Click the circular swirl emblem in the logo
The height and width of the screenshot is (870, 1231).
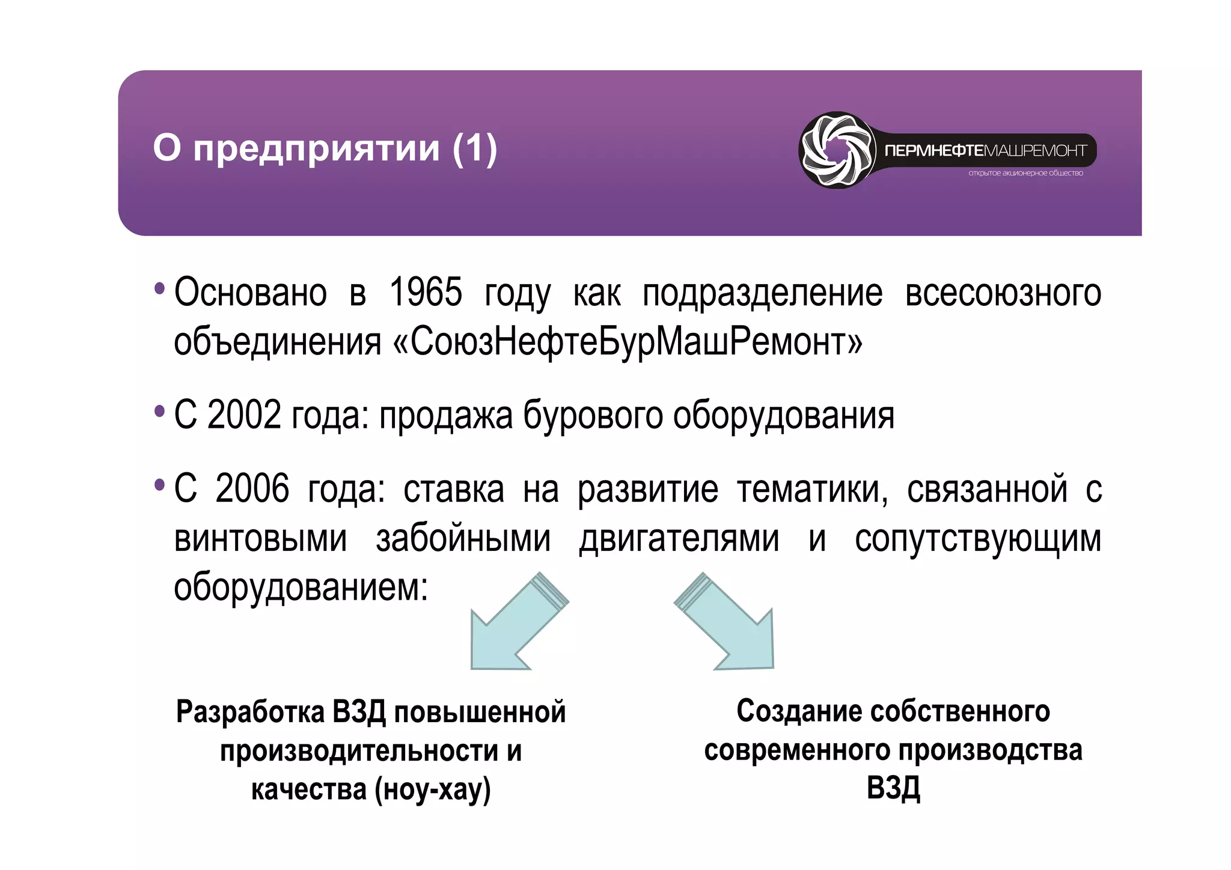[837, 150]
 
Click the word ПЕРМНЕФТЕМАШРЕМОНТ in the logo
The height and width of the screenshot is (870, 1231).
[986, 150]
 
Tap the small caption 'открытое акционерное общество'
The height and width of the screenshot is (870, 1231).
[1025, 173]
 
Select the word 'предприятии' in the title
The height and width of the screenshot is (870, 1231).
[317, 149]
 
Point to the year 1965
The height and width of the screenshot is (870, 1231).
[426, 293]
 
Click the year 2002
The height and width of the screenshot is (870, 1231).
[244, 415]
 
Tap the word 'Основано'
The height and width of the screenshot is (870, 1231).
[251, 293]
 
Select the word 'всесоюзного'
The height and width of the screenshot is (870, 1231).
[1003, 293]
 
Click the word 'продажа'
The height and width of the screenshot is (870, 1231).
[446, 416]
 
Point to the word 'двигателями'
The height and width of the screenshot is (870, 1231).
[679, 538]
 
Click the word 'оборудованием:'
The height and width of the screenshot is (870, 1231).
[301, 587]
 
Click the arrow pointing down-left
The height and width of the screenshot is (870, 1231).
[514, 625]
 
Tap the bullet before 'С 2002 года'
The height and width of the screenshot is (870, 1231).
[159, 412]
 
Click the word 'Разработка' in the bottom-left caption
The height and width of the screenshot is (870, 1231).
[250, 712]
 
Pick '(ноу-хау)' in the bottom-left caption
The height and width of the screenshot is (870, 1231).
[432, 789]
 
